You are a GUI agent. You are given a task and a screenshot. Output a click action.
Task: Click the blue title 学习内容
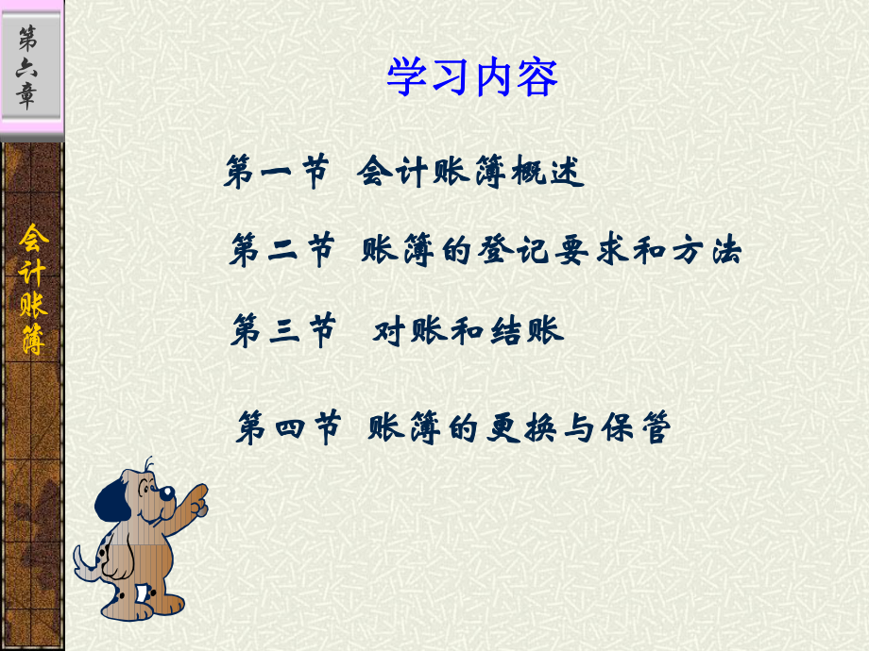tap(472, 77)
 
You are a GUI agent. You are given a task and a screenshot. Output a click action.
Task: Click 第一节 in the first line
tap(276, 173)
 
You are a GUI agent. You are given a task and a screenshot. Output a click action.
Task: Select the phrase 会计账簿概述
tap(471, 173)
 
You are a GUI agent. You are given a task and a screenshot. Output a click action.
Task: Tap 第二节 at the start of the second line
tap(281, 251)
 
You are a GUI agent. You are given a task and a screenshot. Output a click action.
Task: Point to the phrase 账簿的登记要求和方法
tap(552, 251)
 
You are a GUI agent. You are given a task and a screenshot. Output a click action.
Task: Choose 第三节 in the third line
tap(282, 331)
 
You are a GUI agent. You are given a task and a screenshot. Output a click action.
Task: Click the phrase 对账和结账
tap(469, 331)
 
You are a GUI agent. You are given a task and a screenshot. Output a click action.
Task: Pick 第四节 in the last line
tap(288, 428)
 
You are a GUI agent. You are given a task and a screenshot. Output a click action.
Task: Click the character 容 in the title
tap(538, 77)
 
